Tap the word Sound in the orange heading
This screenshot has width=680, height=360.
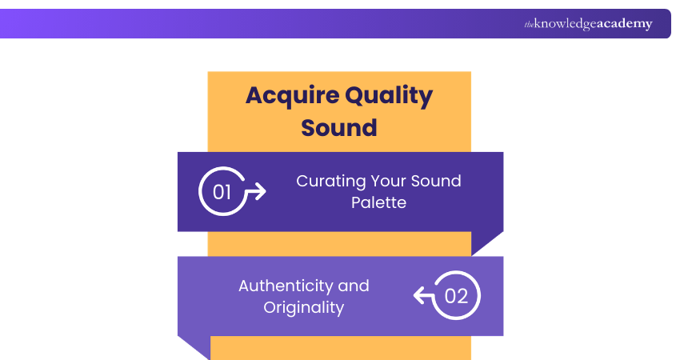(x=339, y=127)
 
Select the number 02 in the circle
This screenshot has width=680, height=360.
(x=456, y=296)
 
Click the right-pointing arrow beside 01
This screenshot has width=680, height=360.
(x=255, y=192)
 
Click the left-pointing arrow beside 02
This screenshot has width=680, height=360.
(x=423, y=296)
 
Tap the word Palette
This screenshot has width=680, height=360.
(x=378, y=202)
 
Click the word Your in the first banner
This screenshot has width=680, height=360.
(x=390, y=182)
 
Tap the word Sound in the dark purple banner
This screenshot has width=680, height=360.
(x=438, y=182)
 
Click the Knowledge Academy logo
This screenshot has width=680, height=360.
(x=588, y=24)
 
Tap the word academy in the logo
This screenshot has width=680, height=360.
(x=624, y=24)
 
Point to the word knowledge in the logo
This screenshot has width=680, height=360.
(x=565, y=24)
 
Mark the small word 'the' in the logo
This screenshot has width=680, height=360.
(x=529, y=25)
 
